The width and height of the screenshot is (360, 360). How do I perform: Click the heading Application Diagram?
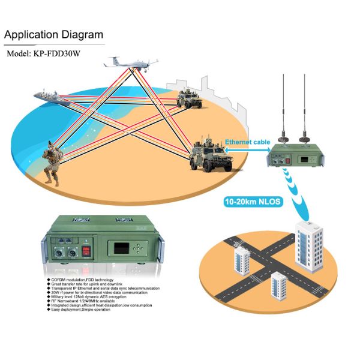pos(53,35)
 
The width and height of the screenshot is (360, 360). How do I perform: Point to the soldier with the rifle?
pos(50,160)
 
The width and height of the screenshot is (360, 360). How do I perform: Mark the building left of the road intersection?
pos(241,260)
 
